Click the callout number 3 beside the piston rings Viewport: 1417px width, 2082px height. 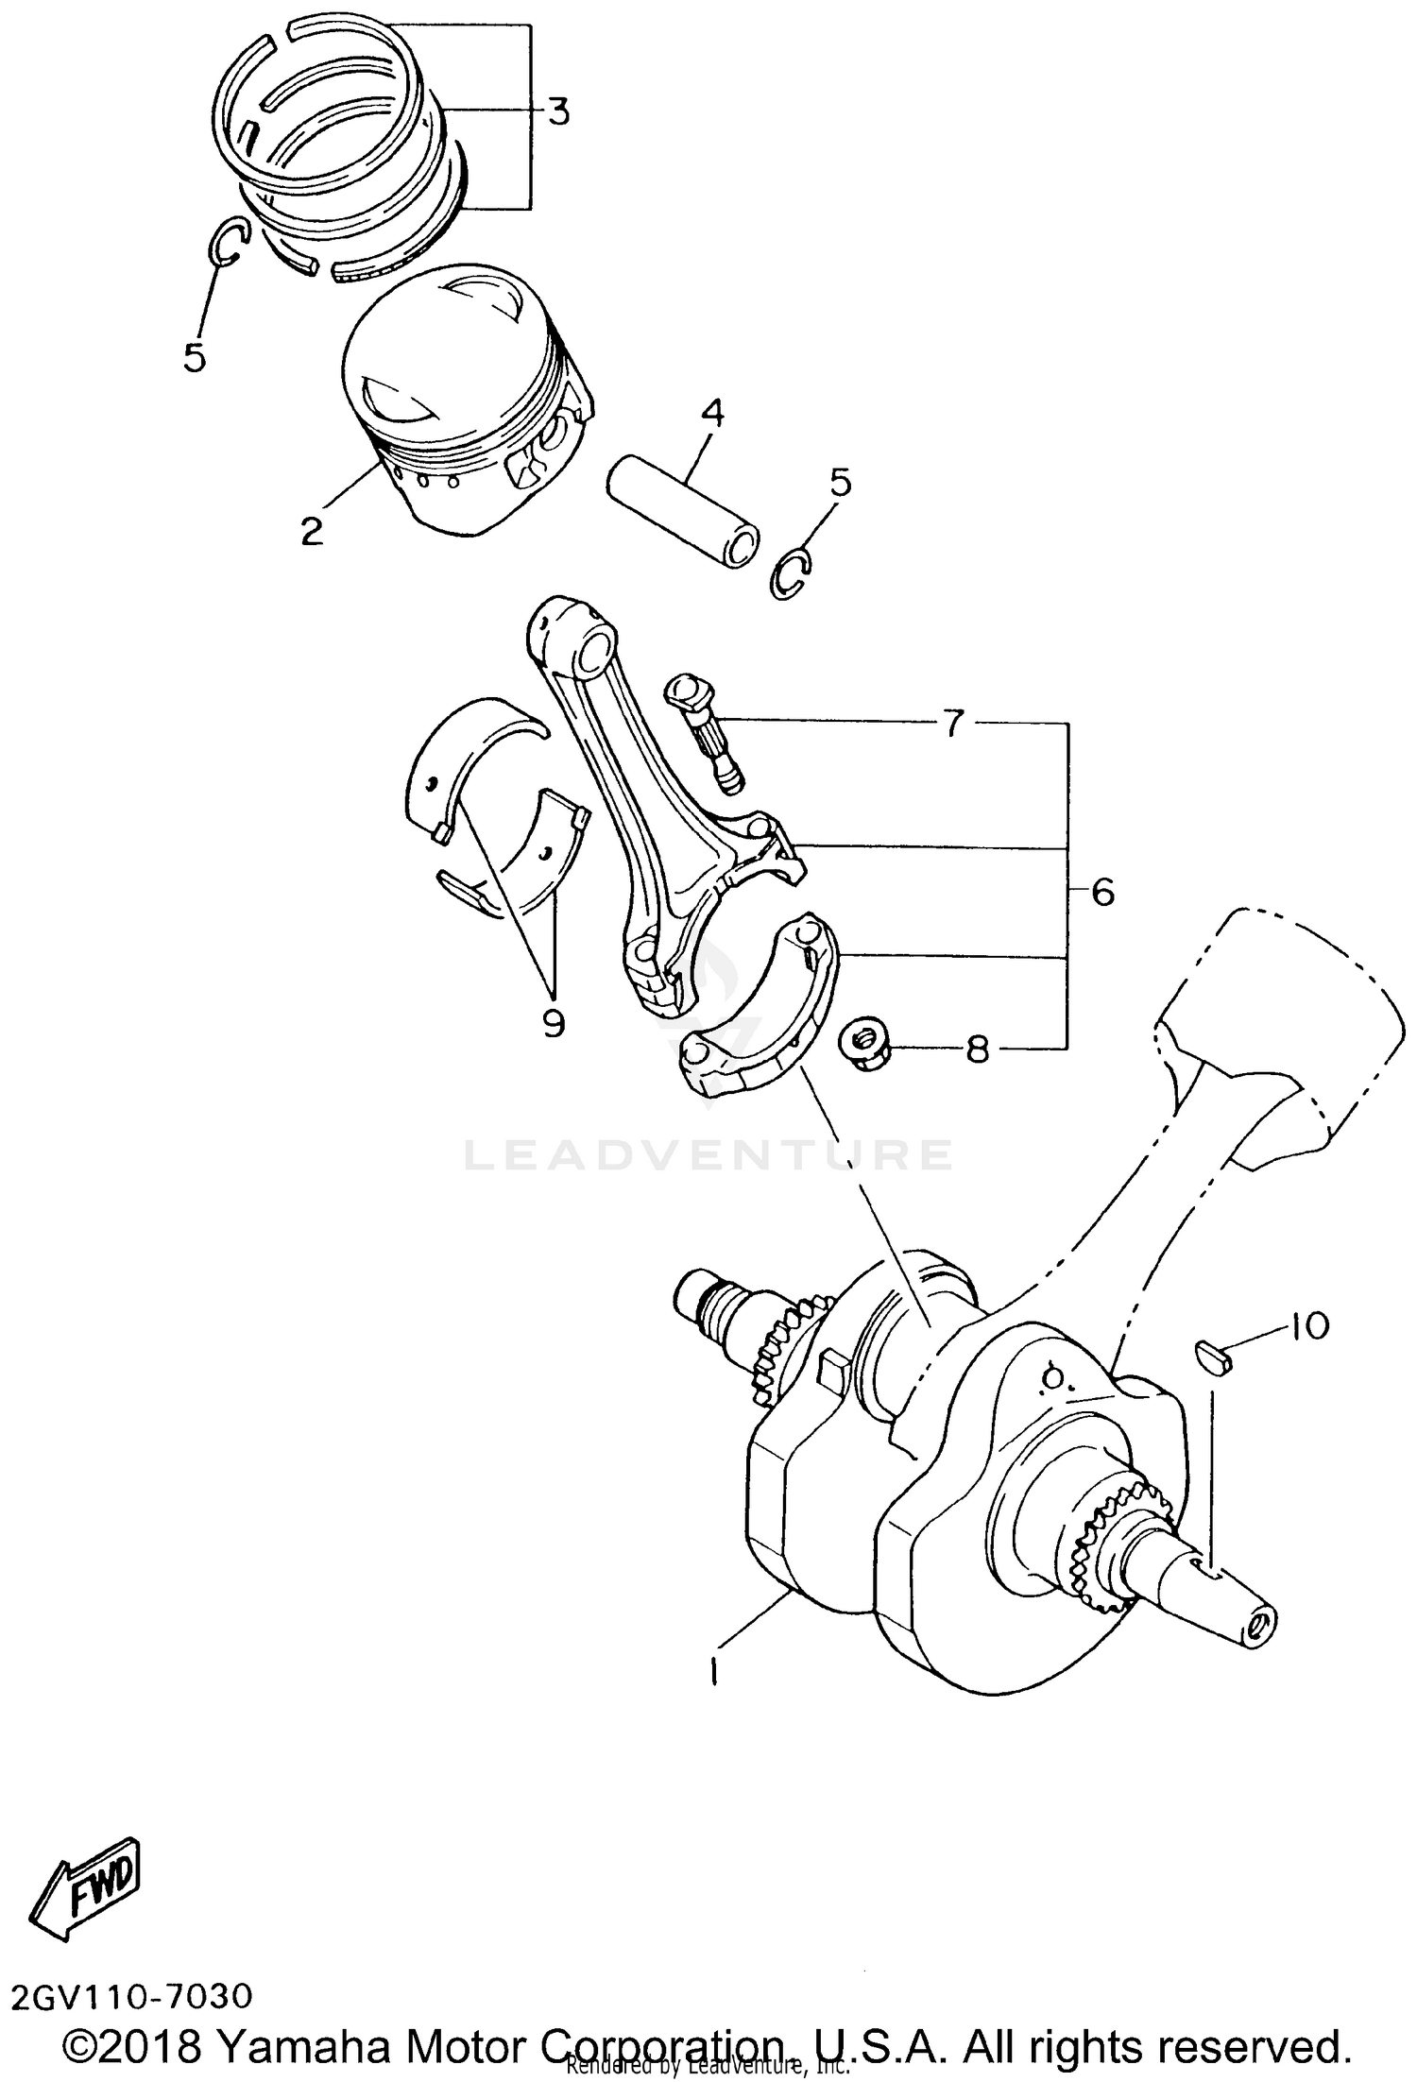558,112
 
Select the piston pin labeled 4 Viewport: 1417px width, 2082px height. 682,511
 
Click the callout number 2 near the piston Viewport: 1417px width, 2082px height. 312,531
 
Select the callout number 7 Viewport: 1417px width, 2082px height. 952,725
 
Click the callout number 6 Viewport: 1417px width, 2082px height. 1102,892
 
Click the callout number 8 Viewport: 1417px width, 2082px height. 977,1049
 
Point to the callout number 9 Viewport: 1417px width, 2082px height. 554,1022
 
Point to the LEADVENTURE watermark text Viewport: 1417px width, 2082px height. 708,1154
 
